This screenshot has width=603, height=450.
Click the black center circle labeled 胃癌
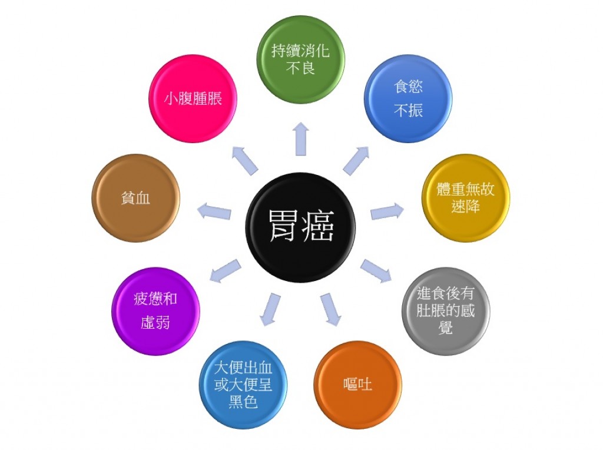coord(300,227)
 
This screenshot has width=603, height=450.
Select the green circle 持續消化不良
coord(300,59)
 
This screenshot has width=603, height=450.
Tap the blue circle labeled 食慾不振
coord(408,98)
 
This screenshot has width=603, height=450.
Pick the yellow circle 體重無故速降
coord(465,198)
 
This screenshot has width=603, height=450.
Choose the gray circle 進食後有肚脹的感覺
coord(446,311)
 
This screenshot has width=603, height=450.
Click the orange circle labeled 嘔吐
coord(357,385)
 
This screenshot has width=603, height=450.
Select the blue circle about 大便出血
coord(243,385)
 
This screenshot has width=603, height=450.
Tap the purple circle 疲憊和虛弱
coord(155,311)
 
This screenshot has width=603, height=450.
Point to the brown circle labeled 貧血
coord(135,198)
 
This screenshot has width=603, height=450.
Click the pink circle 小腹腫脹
coord(193,98)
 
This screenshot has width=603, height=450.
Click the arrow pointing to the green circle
coord(300,139)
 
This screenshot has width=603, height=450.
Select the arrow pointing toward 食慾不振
coord(356,161)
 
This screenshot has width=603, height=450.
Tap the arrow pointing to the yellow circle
coord(387,212)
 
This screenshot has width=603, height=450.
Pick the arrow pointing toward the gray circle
coord(376,271)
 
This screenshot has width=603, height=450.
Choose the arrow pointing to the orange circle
coord(331,309)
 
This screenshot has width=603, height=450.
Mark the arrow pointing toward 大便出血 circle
coord(270,309)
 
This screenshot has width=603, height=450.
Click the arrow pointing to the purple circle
coord(226,271)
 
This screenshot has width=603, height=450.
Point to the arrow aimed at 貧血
coord(214,211)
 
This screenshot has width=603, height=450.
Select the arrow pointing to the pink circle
coord(245,161)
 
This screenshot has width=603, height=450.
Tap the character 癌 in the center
coord(317,227)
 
